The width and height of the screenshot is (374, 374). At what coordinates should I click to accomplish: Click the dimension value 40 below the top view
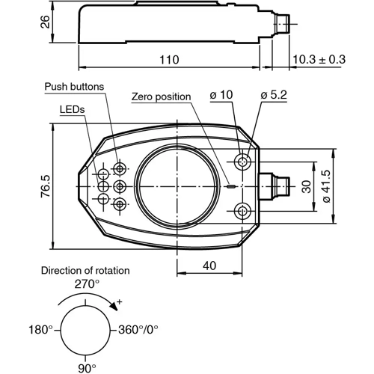tap(210, 264)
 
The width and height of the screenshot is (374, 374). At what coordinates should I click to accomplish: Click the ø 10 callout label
tap(223, 96)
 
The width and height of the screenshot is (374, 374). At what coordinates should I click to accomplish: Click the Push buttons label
tap(76, 86)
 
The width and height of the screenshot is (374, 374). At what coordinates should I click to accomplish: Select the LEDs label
tap(73, 109)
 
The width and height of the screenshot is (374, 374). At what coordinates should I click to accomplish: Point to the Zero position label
tap(161, 96)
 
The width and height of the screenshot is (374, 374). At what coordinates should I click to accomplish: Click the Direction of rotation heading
tap(85, 271)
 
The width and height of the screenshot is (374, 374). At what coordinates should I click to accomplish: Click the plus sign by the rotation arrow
tap(119, 301)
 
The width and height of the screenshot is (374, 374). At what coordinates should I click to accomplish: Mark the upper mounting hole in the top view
tap(244, 162)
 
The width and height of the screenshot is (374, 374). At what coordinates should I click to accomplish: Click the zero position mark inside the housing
tap(231, 186)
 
